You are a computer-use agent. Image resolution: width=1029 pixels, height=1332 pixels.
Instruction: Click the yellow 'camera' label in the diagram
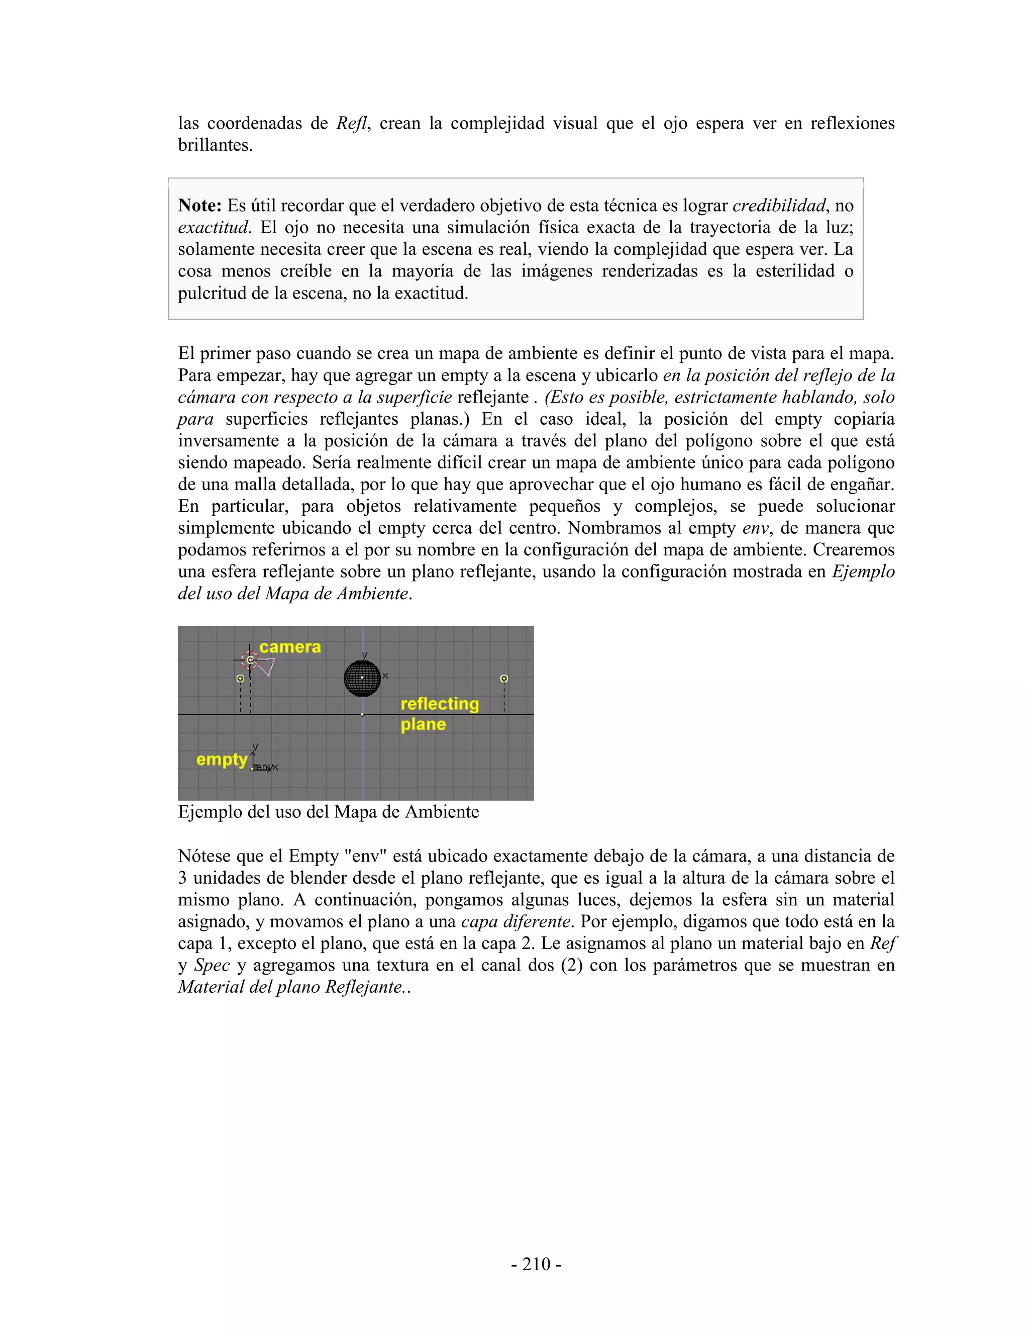pos(290,647)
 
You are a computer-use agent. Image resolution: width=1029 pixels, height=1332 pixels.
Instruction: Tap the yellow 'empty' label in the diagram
pos(221,759)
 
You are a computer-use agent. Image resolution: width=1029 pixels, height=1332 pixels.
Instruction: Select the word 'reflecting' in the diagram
pos(440,704)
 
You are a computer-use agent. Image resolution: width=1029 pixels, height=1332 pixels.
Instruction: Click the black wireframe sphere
pos(362,678)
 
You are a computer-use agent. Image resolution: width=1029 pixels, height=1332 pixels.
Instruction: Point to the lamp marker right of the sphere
pos(504,678)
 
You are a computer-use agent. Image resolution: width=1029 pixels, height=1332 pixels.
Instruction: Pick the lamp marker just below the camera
pos(240,678)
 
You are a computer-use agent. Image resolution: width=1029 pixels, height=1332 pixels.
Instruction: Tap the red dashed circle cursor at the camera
pos(250,659)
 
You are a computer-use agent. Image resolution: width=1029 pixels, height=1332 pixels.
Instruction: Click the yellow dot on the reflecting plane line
pos(363,715)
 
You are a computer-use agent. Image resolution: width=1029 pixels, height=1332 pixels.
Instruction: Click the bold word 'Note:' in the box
pos(200,206)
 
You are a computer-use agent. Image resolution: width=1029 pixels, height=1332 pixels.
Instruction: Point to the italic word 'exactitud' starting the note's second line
pos(213,228)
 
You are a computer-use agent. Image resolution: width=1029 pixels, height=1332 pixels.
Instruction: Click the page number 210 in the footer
pos(537,1264)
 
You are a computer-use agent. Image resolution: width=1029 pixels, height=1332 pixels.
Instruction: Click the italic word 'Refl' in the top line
pos(352,123)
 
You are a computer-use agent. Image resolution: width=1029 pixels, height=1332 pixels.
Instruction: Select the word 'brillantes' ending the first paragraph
pos(215,145)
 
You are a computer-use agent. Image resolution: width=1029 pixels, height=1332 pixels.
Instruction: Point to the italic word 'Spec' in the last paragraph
pos(212,966)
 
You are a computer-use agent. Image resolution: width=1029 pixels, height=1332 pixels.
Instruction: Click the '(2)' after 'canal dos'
pos(571,966)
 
